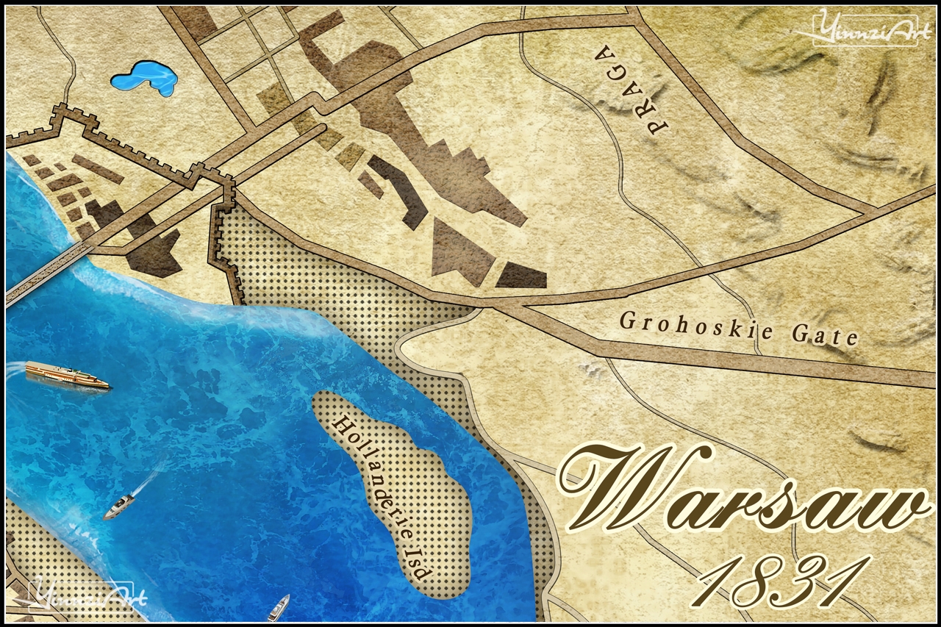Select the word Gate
coord(824,335)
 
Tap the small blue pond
coord(145,78)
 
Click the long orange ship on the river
coord(67,375)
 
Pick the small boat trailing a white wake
coord(119,506)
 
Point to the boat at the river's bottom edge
coord(279,607)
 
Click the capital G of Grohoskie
coord(627,321)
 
